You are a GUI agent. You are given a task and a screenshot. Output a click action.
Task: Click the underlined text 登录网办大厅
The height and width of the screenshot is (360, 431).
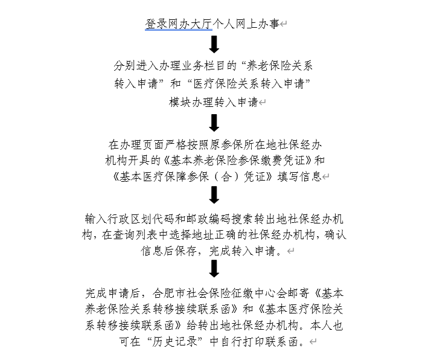pyautogui.click(x=179, y=24)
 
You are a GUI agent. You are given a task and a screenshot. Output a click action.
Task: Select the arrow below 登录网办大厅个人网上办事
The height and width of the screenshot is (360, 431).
pyautogui.click(x=214, y=44)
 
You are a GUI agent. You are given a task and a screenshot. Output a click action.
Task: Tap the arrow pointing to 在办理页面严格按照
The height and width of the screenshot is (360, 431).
pyautogui.click(x=214, y=123)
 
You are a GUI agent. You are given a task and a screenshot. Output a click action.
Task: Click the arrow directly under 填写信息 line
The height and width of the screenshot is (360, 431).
pyautogui.click(x=214, y=195)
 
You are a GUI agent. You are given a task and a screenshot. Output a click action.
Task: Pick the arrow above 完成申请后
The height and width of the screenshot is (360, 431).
pyautogui.click(x=214, y=269)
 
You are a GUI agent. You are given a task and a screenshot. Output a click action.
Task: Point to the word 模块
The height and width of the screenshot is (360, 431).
pyautogui.click(x=180, y=102)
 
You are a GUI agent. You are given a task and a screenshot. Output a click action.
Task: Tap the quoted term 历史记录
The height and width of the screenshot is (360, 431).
pyautogui.click(x=175, y=341)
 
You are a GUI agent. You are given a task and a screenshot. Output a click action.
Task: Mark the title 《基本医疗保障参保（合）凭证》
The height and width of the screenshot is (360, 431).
pyautogui.click(x=192, y=176)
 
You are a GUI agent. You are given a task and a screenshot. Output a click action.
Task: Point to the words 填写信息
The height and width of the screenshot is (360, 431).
pyautogui.click(x=299, y=176)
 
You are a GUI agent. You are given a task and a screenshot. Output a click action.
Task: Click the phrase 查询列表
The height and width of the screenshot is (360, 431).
pyautogui.click(x=135, y=235)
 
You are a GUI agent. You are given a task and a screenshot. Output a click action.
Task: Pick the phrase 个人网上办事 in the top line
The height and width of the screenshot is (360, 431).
pyautogui.click(x=246, y=24)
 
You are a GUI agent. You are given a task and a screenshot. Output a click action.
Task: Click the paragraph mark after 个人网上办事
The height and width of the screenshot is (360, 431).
pyautogui.click(x=284, y=24)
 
